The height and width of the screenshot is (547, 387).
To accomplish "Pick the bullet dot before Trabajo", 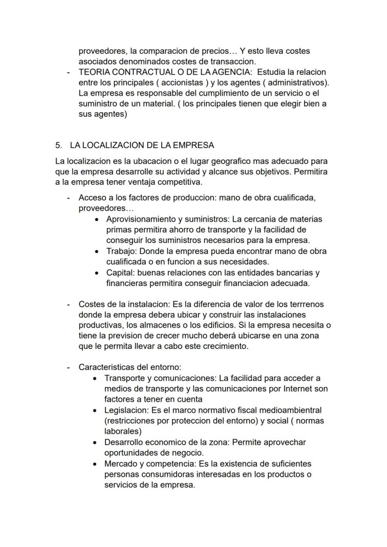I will tap(96, 251).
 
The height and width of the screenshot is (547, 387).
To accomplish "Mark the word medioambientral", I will tap(291, 410).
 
